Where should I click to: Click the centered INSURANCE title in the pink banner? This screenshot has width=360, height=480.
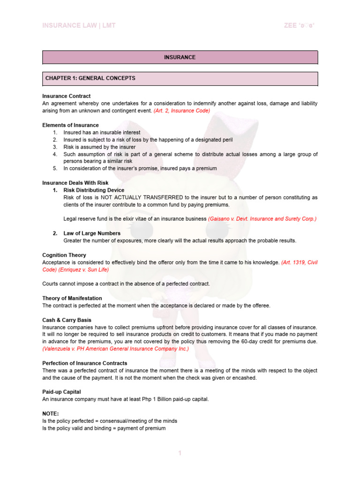[x=180, y=57]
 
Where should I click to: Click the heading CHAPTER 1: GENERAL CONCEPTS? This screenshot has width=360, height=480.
[x=90, y=78]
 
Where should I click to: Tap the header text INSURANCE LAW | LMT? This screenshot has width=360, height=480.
[x=79, y=25]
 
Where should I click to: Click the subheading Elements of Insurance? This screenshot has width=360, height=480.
[x=70, y=125]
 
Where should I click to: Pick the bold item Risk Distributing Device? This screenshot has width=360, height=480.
[x=94, y=190]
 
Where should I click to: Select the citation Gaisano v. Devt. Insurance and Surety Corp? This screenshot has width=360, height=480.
[x=262, y=219]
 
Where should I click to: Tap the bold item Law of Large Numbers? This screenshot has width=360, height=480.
[x=92, y=233]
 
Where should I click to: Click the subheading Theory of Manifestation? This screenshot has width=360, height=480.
[x=72, y=298]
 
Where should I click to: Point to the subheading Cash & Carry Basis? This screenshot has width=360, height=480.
[x=67, y=320]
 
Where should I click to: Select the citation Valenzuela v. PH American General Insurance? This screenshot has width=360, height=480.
[x=115, y=349]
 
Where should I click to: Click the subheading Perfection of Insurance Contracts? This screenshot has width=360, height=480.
[x=84, y=363]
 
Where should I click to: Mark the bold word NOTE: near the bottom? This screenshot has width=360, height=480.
[x=50, y=414]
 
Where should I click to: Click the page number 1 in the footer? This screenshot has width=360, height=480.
[x=180, y=453]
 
